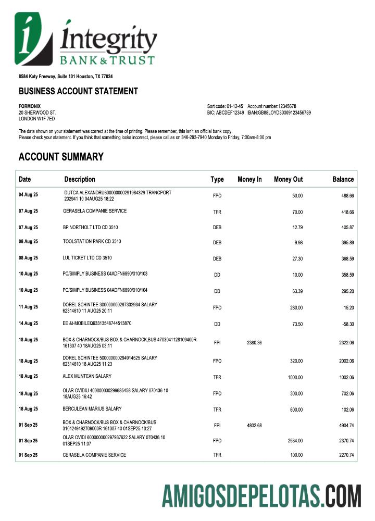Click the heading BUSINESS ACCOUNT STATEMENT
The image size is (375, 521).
[78, 91]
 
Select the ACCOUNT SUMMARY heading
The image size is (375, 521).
[61, 157]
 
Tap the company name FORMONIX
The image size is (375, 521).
[30, 106]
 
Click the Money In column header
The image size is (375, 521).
[249, 179]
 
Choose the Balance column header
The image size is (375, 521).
[343, 179]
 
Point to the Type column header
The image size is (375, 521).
[217, 179]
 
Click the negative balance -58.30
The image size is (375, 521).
[347, 324]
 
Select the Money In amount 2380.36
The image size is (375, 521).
[253, 342]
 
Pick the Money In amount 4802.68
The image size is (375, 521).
[253, 426]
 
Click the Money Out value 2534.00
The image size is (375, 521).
[295, 441]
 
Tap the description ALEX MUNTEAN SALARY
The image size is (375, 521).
[87, 376]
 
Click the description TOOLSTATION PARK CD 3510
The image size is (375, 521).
[92, 242]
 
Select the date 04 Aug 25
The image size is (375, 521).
[28, 195]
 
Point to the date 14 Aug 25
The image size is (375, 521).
[28, 324]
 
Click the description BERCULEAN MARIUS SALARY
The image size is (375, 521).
[92, 409]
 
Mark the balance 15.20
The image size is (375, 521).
[348, 308]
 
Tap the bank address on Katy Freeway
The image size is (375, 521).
[66, 77]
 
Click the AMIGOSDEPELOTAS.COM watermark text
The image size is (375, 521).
[261, 496]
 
